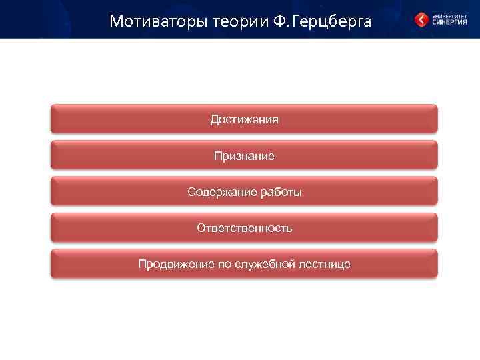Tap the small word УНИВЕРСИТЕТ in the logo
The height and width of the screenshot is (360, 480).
[449, 15]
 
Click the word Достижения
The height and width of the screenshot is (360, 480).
[244, 120]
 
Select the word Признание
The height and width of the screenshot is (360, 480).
[244, 156]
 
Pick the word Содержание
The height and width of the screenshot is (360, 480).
[216, 192]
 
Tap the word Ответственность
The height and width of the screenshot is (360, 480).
[244, 228]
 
